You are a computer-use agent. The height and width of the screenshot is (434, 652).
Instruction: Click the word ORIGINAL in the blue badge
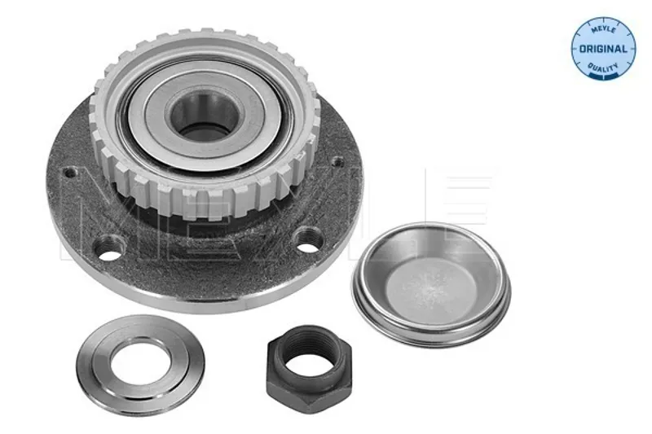point(603,49)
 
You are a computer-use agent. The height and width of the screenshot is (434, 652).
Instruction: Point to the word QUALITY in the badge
point(603,68)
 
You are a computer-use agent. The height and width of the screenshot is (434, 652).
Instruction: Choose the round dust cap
point(431,284)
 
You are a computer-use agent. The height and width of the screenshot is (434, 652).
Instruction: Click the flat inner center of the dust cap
point(430,287)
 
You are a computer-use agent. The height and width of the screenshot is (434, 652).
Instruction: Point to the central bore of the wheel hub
point(205,117)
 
